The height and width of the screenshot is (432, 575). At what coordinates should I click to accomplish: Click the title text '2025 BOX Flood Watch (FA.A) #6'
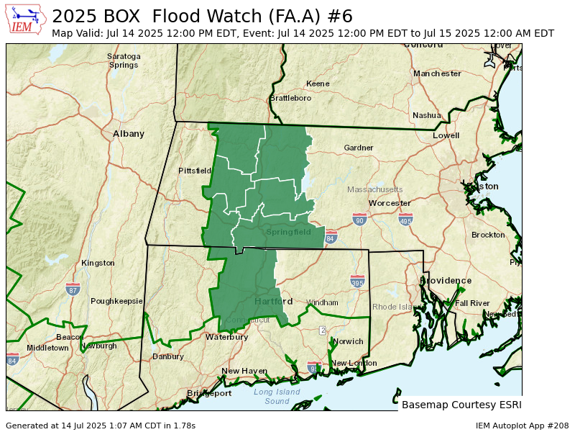click(202, 17)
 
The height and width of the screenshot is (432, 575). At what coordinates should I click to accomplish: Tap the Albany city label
click(129, 134)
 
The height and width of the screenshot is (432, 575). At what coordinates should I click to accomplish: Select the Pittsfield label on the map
click(195, 171)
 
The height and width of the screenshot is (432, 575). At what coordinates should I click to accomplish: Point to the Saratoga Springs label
click(123, 60)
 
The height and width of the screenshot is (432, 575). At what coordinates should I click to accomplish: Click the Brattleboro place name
click(290, 98)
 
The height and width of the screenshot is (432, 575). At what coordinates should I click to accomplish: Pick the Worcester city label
click(390, 204)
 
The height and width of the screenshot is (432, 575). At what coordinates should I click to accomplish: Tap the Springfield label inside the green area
click(288, 233)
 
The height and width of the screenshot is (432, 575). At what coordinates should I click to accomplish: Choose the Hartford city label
click(273, 301)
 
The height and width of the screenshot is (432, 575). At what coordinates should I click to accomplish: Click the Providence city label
click(446, 281)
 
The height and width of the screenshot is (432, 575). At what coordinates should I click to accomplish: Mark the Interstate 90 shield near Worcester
click(360, 219)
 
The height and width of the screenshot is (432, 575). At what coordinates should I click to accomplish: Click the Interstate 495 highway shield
click(406, 220)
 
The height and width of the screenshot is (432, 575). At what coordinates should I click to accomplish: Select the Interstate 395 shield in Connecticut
click(357, 282)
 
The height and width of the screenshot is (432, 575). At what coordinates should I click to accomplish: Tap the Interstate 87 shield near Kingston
click(73, 289)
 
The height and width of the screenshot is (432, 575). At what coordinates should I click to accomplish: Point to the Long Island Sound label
click(277, 396)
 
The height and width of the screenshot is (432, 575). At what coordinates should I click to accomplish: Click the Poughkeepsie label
click(116, 301)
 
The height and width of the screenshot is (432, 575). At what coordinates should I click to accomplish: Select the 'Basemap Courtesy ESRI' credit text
click(461, 405)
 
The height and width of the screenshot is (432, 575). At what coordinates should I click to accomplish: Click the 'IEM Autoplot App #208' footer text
click(522, 426)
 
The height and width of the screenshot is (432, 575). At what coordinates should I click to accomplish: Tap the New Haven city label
click(244, 372)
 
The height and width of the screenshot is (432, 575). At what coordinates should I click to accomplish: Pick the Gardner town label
click(359, 148)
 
